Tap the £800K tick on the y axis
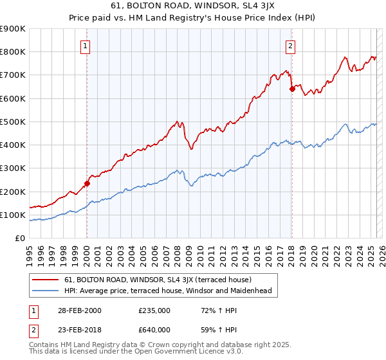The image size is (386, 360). click(x=13, y=51)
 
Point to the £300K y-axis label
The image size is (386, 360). click(x=13, y=168)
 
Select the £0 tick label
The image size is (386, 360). click(x=20, y=239)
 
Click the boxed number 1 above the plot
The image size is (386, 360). click(x=86, y=46)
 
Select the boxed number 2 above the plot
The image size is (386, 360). click(x=291, y=46)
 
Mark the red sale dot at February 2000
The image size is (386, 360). click(x=87, y=183)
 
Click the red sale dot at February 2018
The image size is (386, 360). click(x=292, y=89)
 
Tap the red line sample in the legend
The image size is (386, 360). click(x=46, y=280)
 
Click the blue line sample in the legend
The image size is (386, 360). click(x=46, y=291)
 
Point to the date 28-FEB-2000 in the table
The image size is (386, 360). click(x=78, y=310)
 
